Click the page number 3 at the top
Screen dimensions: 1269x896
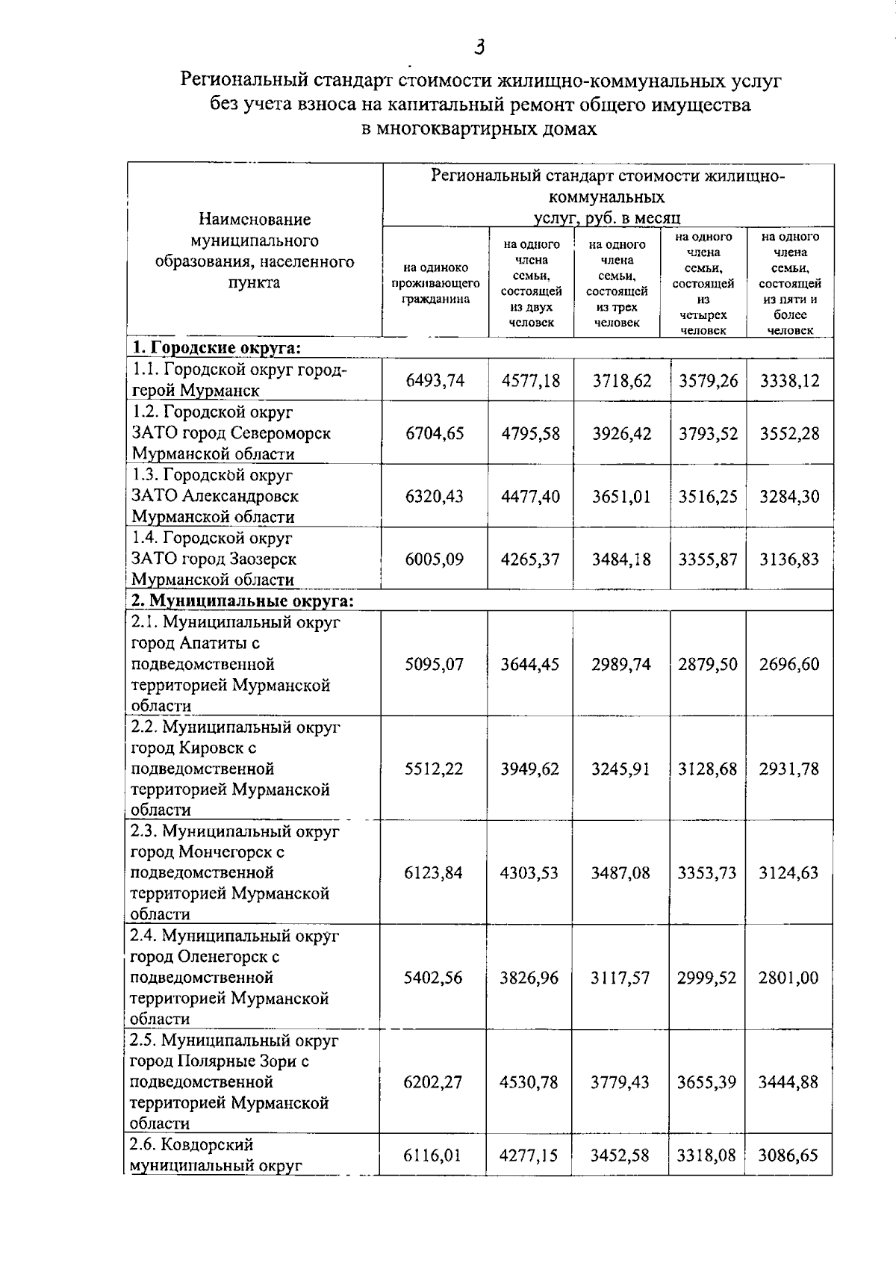pyautogui.click(x=479, y=48)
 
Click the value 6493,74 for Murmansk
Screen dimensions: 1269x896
pyautogui.click(x=435, y=381)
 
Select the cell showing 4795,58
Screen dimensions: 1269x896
pyautogui.click(x=530, y=434)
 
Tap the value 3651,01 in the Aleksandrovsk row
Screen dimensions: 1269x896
pyautogui.click(x=621, y=497)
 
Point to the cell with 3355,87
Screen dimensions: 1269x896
pyautogui.click(x=707, y=559)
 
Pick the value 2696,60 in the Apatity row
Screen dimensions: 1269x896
pyautogui.click(x=789, y=664)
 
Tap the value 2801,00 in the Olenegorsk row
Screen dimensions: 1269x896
pyautogui.click(x=788, y=978)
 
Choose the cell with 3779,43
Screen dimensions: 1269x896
pyautogui.click(x=620, y=1082)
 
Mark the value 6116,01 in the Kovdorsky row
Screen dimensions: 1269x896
pyautogui.click(x=433, y=1155)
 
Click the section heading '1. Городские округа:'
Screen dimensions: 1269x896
pyautogui.click(x=217, y=348)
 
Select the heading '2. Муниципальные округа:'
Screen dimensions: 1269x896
pyautogui.click(x=242, y=601)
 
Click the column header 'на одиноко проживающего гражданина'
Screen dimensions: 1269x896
pyautogui.click(x=435, y=283)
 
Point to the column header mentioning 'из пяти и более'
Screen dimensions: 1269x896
pyautogui.click(x=790, y=284)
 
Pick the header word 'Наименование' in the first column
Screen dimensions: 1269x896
pyautogui.click(x=254, y=220)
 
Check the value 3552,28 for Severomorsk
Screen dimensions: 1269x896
pyautogui.click(x=789, y=434)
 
